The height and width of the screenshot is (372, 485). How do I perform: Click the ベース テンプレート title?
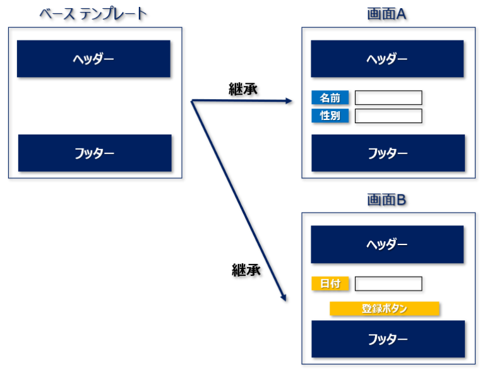pyautogui.click(x=93, y=14)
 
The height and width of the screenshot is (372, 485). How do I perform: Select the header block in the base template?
pyautogui.click(x=93, y=59)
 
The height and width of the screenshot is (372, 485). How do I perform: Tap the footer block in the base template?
pyautogui.click(x=95, y=153)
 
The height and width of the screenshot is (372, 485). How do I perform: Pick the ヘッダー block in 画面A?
pyautogui.click(x=387, y=59)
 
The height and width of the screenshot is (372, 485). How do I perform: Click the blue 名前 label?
pyautogui.click(x=330, y=97)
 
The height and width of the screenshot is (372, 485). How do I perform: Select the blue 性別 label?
pyautogui.click(x=330, y=116)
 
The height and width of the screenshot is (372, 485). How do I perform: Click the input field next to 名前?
pyautogui.click(x=388, y=97)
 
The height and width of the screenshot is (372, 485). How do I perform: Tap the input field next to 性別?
pyautogui.click(x=388, y=116)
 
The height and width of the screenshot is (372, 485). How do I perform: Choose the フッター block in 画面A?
pyautogui.click(x=388, y=153)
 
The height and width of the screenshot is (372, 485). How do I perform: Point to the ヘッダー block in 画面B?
pyautogui.click(x=387, y=244)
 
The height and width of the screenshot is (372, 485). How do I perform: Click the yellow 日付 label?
pyautogui.click(x=330, y=284)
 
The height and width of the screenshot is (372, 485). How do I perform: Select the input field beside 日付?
pyautogui.click(x=388, y=284)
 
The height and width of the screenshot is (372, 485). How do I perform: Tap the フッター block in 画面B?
pyautogui.click(x=388, y=339)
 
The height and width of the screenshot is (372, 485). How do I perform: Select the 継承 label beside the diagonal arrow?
pyautogui.click(x=246, y=270)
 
